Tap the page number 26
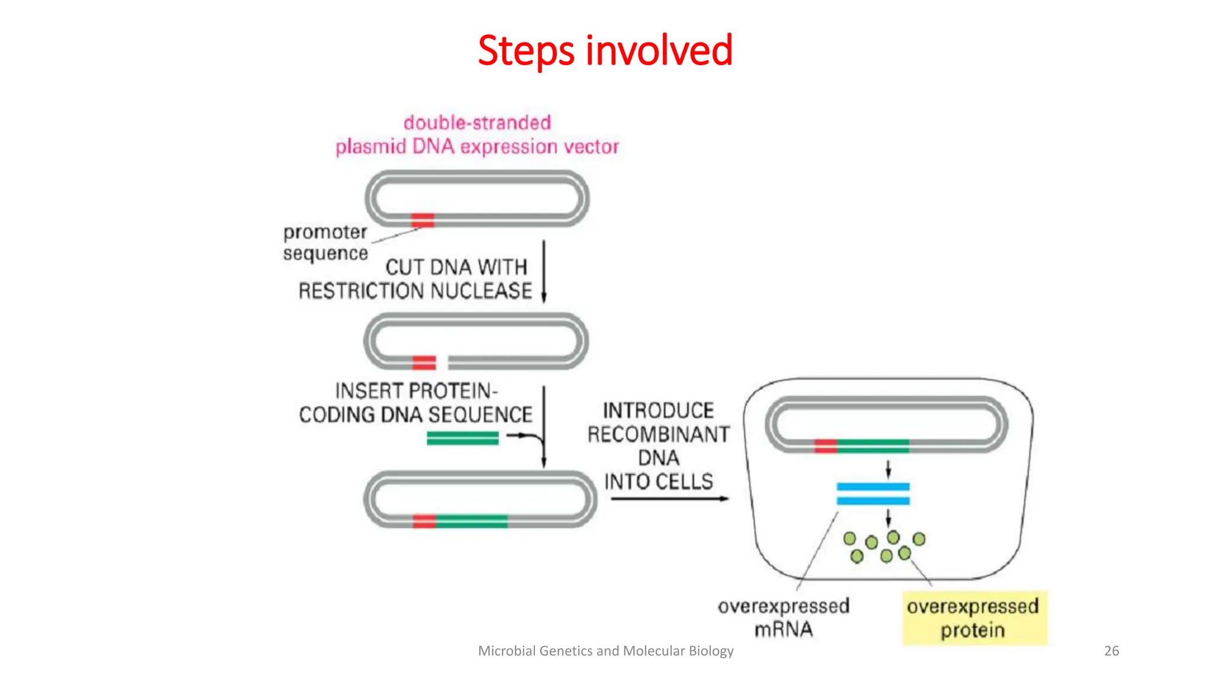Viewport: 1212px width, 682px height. (1111, 651)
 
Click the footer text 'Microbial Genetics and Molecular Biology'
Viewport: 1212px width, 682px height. (605, 651)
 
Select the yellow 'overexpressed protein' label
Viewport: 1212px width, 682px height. (974, 618)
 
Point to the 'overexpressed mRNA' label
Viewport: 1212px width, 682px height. (784, 617)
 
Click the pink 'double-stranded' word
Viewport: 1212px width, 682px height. (477, 123)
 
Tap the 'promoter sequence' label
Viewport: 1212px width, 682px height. (325, 242)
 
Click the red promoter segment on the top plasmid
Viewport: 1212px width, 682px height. (423, 220)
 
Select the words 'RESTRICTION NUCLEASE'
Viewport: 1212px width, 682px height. (415, 291)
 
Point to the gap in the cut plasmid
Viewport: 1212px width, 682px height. (442, 362)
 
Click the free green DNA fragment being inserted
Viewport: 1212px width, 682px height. (462, 438)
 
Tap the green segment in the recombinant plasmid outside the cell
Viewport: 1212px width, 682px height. (472, 522)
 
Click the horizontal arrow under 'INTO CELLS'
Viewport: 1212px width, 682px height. (669, 498)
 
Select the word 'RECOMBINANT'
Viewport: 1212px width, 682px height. (658, 435)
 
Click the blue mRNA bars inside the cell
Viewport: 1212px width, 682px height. (873, 494)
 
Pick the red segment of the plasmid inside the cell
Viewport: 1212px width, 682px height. (826, 446)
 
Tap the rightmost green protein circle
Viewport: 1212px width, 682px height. (918, 539)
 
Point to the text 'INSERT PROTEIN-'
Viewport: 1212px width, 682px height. (416, 391)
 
